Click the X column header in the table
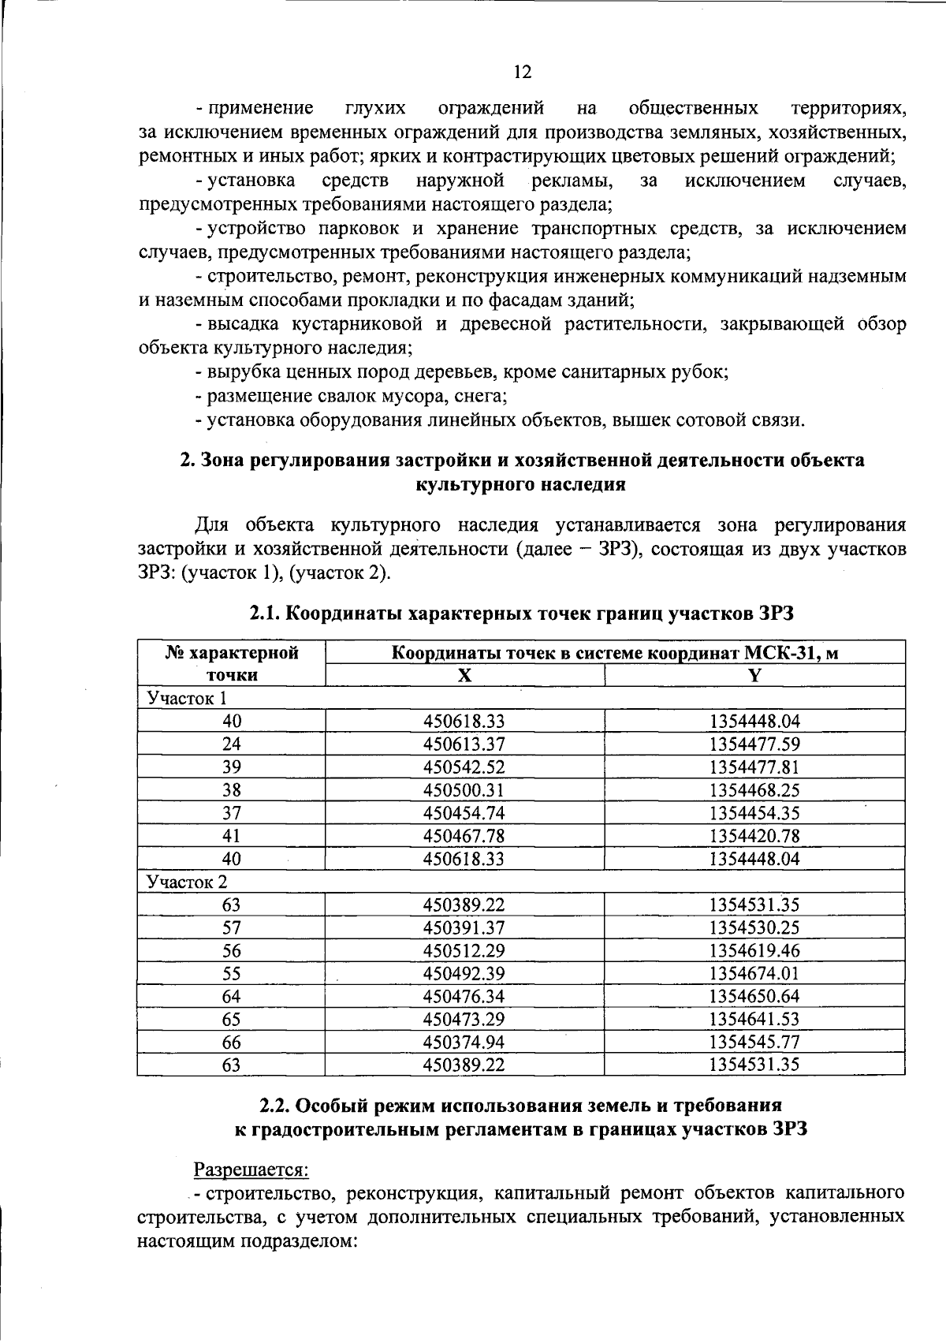point(465,675)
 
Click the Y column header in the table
point(754,675)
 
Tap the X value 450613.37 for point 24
point(464,744)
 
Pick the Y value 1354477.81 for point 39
point(754,767)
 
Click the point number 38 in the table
point(232,789)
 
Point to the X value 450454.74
point(464,812)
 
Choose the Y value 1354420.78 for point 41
point(754,835)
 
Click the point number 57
point(232,927)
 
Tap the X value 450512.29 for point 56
point(464,950)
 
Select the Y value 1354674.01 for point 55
point(754,973)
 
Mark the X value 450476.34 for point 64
point(464,996)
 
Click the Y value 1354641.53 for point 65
point(754,1019)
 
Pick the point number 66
point(232,1042)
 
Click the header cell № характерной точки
point(232,663)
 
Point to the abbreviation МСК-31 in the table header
point(777,653)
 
